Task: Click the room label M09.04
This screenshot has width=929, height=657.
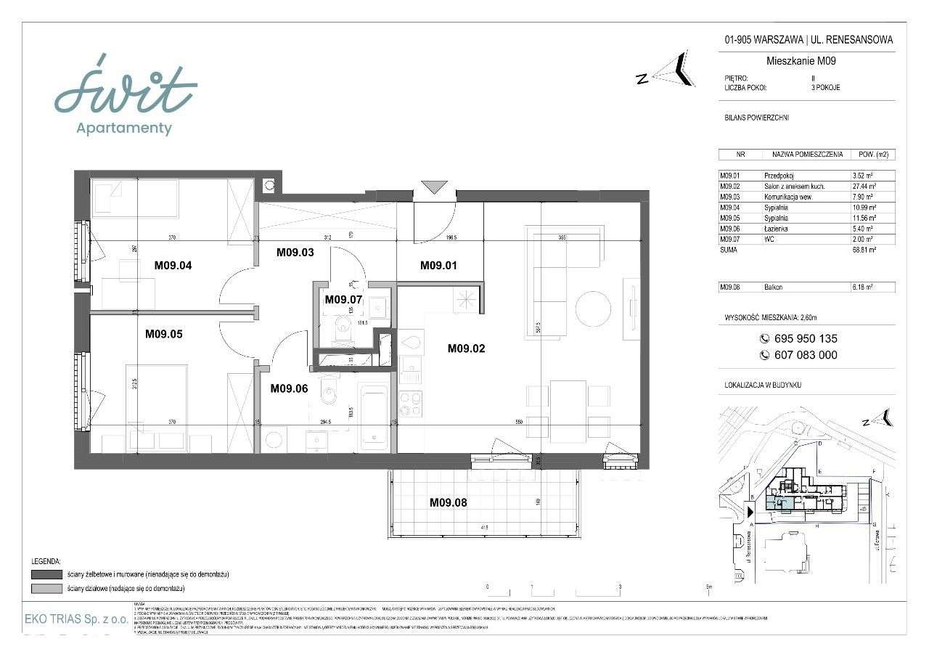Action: coord(173,265)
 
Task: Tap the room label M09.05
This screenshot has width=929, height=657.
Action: coord(163,335)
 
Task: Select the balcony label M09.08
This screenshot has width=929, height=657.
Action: coord(448,502)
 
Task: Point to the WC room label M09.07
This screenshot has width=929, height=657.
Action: coord(343,299)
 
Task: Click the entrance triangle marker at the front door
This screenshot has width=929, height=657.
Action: coord(435,187)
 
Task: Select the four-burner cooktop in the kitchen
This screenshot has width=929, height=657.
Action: coord(411,404)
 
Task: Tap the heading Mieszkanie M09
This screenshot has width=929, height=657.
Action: coord(801,61)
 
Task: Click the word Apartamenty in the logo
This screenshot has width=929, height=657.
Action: coord(125,128)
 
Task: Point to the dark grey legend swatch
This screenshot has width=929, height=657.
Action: coord(46,574)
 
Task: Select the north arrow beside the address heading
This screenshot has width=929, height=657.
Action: coord(671,70)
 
